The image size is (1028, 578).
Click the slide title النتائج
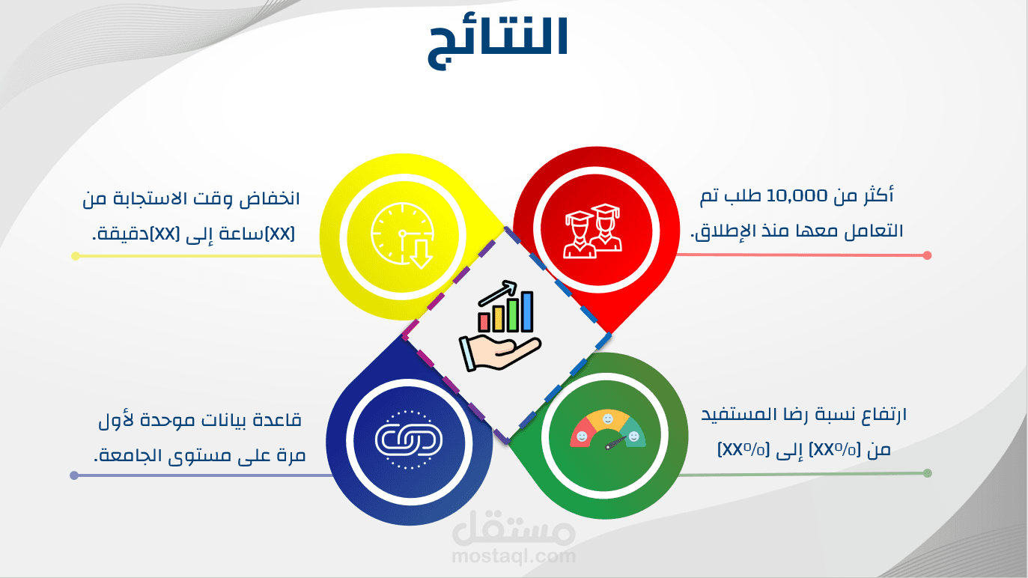[x=499, y=43]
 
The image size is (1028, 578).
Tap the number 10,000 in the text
[x=797, y=196]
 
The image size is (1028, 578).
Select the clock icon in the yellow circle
[x=403, y=235]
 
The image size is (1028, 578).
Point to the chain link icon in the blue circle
[x=409, y=439]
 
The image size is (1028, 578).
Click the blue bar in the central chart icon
[x=527, y=311]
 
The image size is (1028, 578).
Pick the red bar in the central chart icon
[x=484, y=322]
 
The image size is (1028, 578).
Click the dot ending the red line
[x=927, y=255]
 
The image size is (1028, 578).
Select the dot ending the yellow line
[x=76, y=256]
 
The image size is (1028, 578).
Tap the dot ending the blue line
[x=74, y=475]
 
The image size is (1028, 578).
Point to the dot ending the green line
[x=928, y=473]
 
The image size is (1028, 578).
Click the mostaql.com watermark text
[x=514, y=556]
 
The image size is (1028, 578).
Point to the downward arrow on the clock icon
[x=421, y=255]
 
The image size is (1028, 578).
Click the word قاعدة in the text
[x=280, y=420]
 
